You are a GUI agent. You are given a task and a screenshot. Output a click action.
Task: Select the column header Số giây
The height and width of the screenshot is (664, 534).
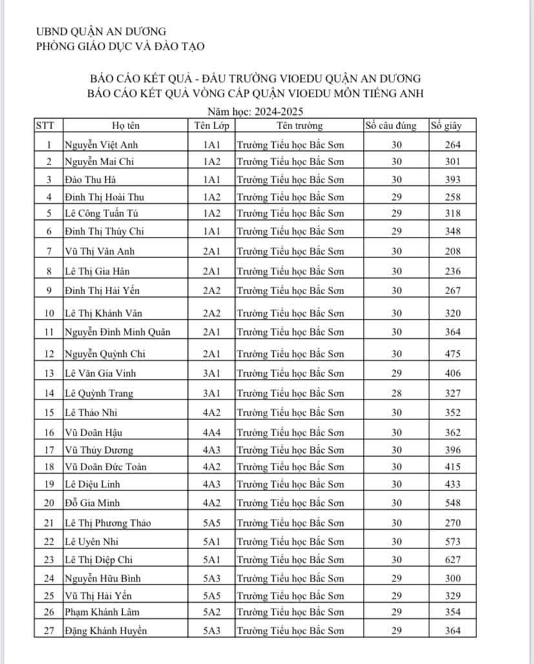tap(446, 126)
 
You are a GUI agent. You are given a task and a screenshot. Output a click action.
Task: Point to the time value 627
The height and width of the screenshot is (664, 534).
tap(453, 561)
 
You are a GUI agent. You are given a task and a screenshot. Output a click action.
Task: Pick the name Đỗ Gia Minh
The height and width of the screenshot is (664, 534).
tap(93, 502)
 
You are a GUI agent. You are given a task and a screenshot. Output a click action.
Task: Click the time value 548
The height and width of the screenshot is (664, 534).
tap(453, 502)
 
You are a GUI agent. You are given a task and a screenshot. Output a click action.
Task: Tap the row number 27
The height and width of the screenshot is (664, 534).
tap(48, 630)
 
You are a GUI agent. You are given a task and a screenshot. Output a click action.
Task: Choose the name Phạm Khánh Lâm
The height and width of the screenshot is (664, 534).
tap(102, 612)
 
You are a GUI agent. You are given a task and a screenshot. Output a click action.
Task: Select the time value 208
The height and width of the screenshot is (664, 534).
tap(453, 251)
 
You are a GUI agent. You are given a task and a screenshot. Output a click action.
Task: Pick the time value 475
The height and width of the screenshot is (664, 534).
tap(453, 354)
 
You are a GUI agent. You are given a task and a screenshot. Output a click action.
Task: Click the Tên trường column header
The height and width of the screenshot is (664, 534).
tap(299, 126)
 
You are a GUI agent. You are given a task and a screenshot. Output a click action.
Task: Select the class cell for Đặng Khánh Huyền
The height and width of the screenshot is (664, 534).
tap(212, 630)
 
